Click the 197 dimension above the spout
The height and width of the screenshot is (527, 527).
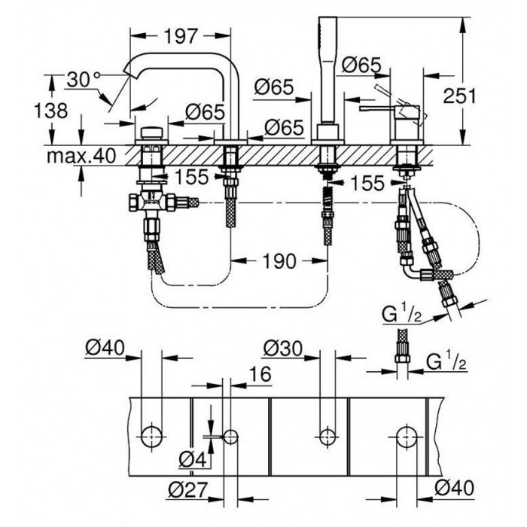point(180,36)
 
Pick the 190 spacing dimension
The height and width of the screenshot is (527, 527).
point(279,260)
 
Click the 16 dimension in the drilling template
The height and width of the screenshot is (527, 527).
point(258,374)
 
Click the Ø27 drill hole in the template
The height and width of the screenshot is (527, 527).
point(231,435)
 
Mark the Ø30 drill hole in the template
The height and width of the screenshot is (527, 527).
point(326,434)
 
